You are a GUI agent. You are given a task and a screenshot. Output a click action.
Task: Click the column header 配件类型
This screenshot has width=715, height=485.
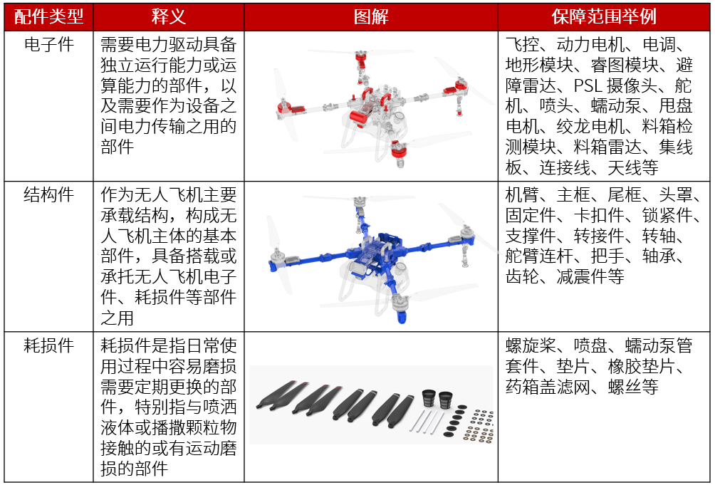[x=49, y=17]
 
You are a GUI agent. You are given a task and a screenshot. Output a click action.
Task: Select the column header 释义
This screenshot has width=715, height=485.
[x=169, y=17]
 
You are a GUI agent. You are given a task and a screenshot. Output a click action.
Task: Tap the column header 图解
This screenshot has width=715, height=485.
[x=371, y=17]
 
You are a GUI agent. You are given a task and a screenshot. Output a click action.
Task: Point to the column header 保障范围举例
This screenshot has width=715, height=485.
[x=604, y=17]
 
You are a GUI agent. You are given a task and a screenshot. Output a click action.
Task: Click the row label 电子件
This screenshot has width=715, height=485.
[x=49, y=45]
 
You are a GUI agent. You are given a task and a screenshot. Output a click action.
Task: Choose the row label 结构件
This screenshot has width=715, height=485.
[x=49, y=195]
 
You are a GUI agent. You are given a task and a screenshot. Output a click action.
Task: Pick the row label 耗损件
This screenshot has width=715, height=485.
[x=49, y=345]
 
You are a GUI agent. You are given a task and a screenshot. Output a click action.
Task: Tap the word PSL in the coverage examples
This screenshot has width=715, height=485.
[x=588, y=85]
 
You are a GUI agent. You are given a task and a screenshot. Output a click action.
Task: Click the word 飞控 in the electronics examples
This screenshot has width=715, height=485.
[x=523, y=45]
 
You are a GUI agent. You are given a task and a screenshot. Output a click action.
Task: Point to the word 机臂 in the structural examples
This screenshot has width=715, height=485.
[x=523, y=195]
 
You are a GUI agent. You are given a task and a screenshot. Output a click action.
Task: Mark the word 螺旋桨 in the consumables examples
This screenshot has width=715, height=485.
[x=531, y=345]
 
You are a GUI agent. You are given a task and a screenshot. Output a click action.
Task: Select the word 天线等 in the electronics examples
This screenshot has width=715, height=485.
[x=633, y=168]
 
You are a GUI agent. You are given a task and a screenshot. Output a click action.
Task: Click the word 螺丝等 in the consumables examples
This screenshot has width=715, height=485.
[x=633, y=387]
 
